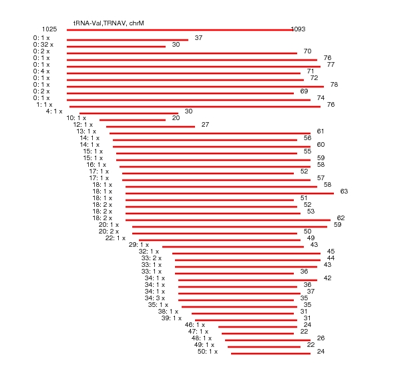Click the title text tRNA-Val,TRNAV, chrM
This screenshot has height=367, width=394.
point(109,23)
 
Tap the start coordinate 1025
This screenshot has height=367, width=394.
point(49,29)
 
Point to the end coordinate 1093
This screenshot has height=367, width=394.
point(299,29)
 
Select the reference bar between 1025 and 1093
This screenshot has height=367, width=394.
point(180,30)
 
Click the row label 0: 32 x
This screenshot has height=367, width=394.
point(43,45)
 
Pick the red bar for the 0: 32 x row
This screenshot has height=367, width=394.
point(116,47)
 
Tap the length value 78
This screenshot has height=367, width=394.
point(334,84)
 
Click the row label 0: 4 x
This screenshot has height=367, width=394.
point(41,71)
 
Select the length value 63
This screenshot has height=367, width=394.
point(344,192)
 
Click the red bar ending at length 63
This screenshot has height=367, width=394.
point(230,194)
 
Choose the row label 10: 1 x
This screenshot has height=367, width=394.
point(76,118)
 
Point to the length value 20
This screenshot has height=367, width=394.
point(176,118)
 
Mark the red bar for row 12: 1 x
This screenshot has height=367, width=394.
point(150,127)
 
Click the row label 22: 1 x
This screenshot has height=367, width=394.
point(116,238)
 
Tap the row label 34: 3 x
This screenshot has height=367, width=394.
point(155,298)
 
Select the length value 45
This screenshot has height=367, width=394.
point(331,252)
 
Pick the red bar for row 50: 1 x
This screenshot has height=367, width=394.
point(271,354)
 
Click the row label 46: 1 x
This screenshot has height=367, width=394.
point(195,325)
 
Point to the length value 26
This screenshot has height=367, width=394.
point(321,338)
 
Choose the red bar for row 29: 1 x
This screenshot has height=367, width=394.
point(233,247)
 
